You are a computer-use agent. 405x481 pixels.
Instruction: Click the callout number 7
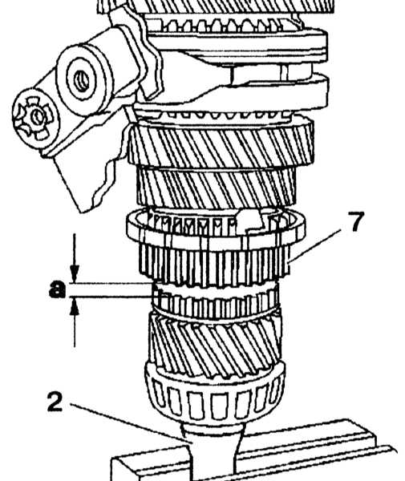(x=355, y=222)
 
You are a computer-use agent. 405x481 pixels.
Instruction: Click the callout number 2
(x=55, y=402)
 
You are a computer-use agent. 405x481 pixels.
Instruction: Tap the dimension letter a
(x=57, y=289)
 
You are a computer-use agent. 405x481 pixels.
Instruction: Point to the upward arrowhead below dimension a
(x=75, y=306)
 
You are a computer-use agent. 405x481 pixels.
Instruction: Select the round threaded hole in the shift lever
(x=81, y=81)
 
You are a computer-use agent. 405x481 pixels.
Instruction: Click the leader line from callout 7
(x=314, y=245)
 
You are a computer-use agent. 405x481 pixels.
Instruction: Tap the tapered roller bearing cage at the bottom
(x=215, y=396)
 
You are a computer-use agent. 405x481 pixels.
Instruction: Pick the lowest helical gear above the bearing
(x=215, y=345)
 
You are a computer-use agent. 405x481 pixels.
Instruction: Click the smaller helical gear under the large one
(x=217, y=187)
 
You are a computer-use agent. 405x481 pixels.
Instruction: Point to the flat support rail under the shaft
(x=255, y=451)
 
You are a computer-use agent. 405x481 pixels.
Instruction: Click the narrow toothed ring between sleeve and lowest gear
(x=216, y=302)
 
